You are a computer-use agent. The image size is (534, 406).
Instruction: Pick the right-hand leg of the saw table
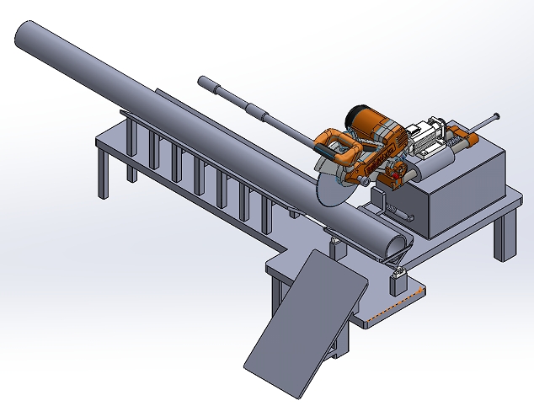(504, 236)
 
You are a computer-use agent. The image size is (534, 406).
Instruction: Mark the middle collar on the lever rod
(258, 110)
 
